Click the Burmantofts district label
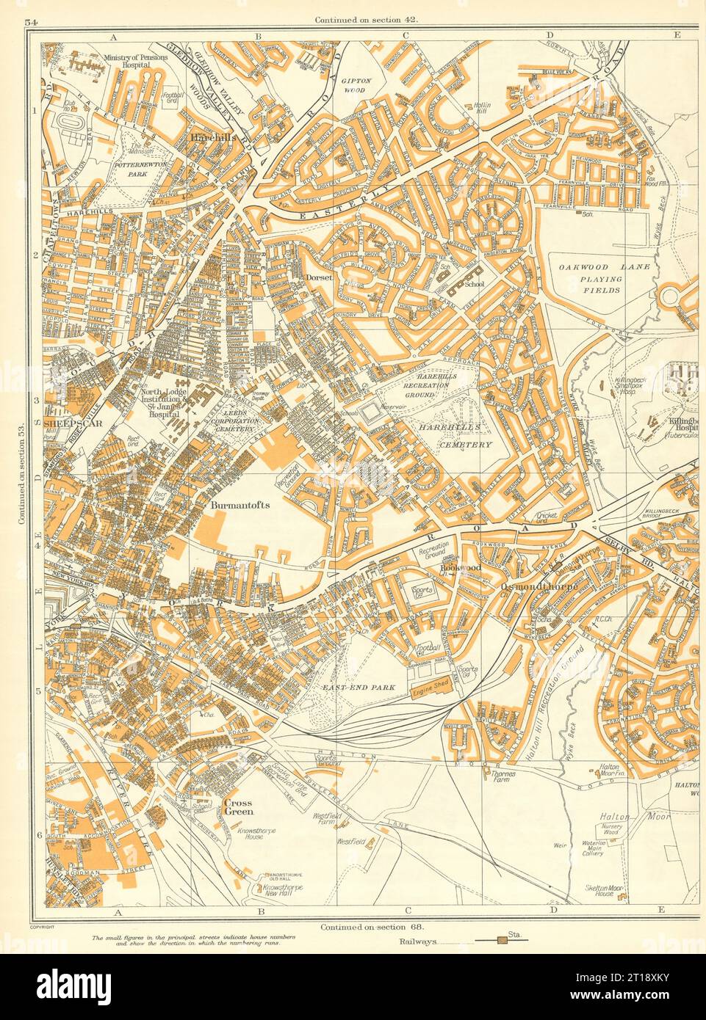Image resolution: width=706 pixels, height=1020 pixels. [x=240, y=506]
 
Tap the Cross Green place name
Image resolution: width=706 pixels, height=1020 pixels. [x=238, y=807]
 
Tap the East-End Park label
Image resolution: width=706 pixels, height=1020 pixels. [x=357, y=688]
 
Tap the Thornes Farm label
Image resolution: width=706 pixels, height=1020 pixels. [x=506, y=776]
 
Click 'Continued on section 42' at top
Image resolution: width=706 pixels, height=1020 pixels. [x=365, y=21]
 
